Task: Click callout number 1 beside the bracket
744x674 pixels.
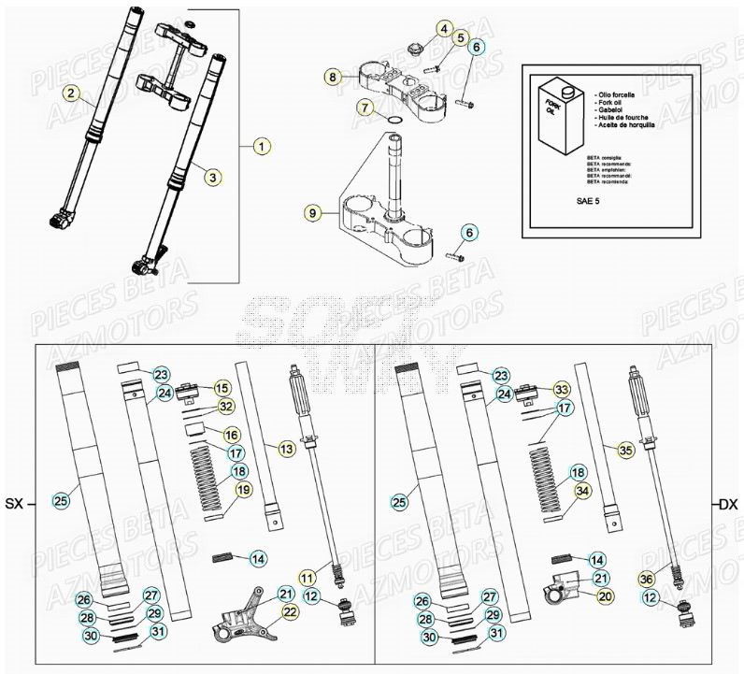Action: (x=263, y=146)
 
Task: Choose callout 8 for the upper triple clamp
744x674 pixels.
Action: (x=333, y=76)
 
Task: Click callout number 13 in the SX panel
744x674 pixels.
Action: (x=286, y=450)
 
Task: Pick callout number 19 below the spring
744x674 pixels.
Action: (x=242, y=489)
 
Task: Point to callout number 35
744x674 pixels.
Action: (x=624, y=450)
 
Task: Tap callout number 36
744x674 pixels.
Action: (x=646, y=579)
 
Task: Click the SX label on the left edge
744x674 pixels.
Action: (x=16, y=505)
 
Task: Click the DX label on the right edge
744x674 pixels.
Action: (x=727, y=505)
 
